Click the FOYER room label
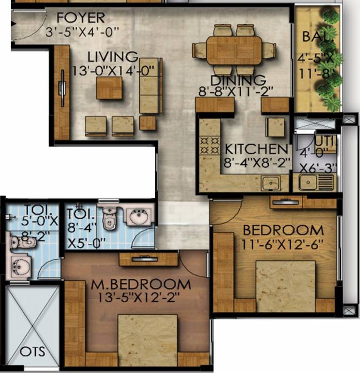point(81,18)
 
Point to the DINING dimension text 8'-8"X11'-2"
point(236,90)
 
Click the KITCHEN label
point(256,149)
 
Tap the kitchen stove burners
point(209,144)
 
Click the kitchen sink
point(270,184)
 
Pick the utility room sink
point(308,183)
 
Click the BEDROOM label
point(283,229)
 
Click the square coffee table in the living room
point(109,87)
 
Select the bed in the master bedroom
point(148,340)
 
